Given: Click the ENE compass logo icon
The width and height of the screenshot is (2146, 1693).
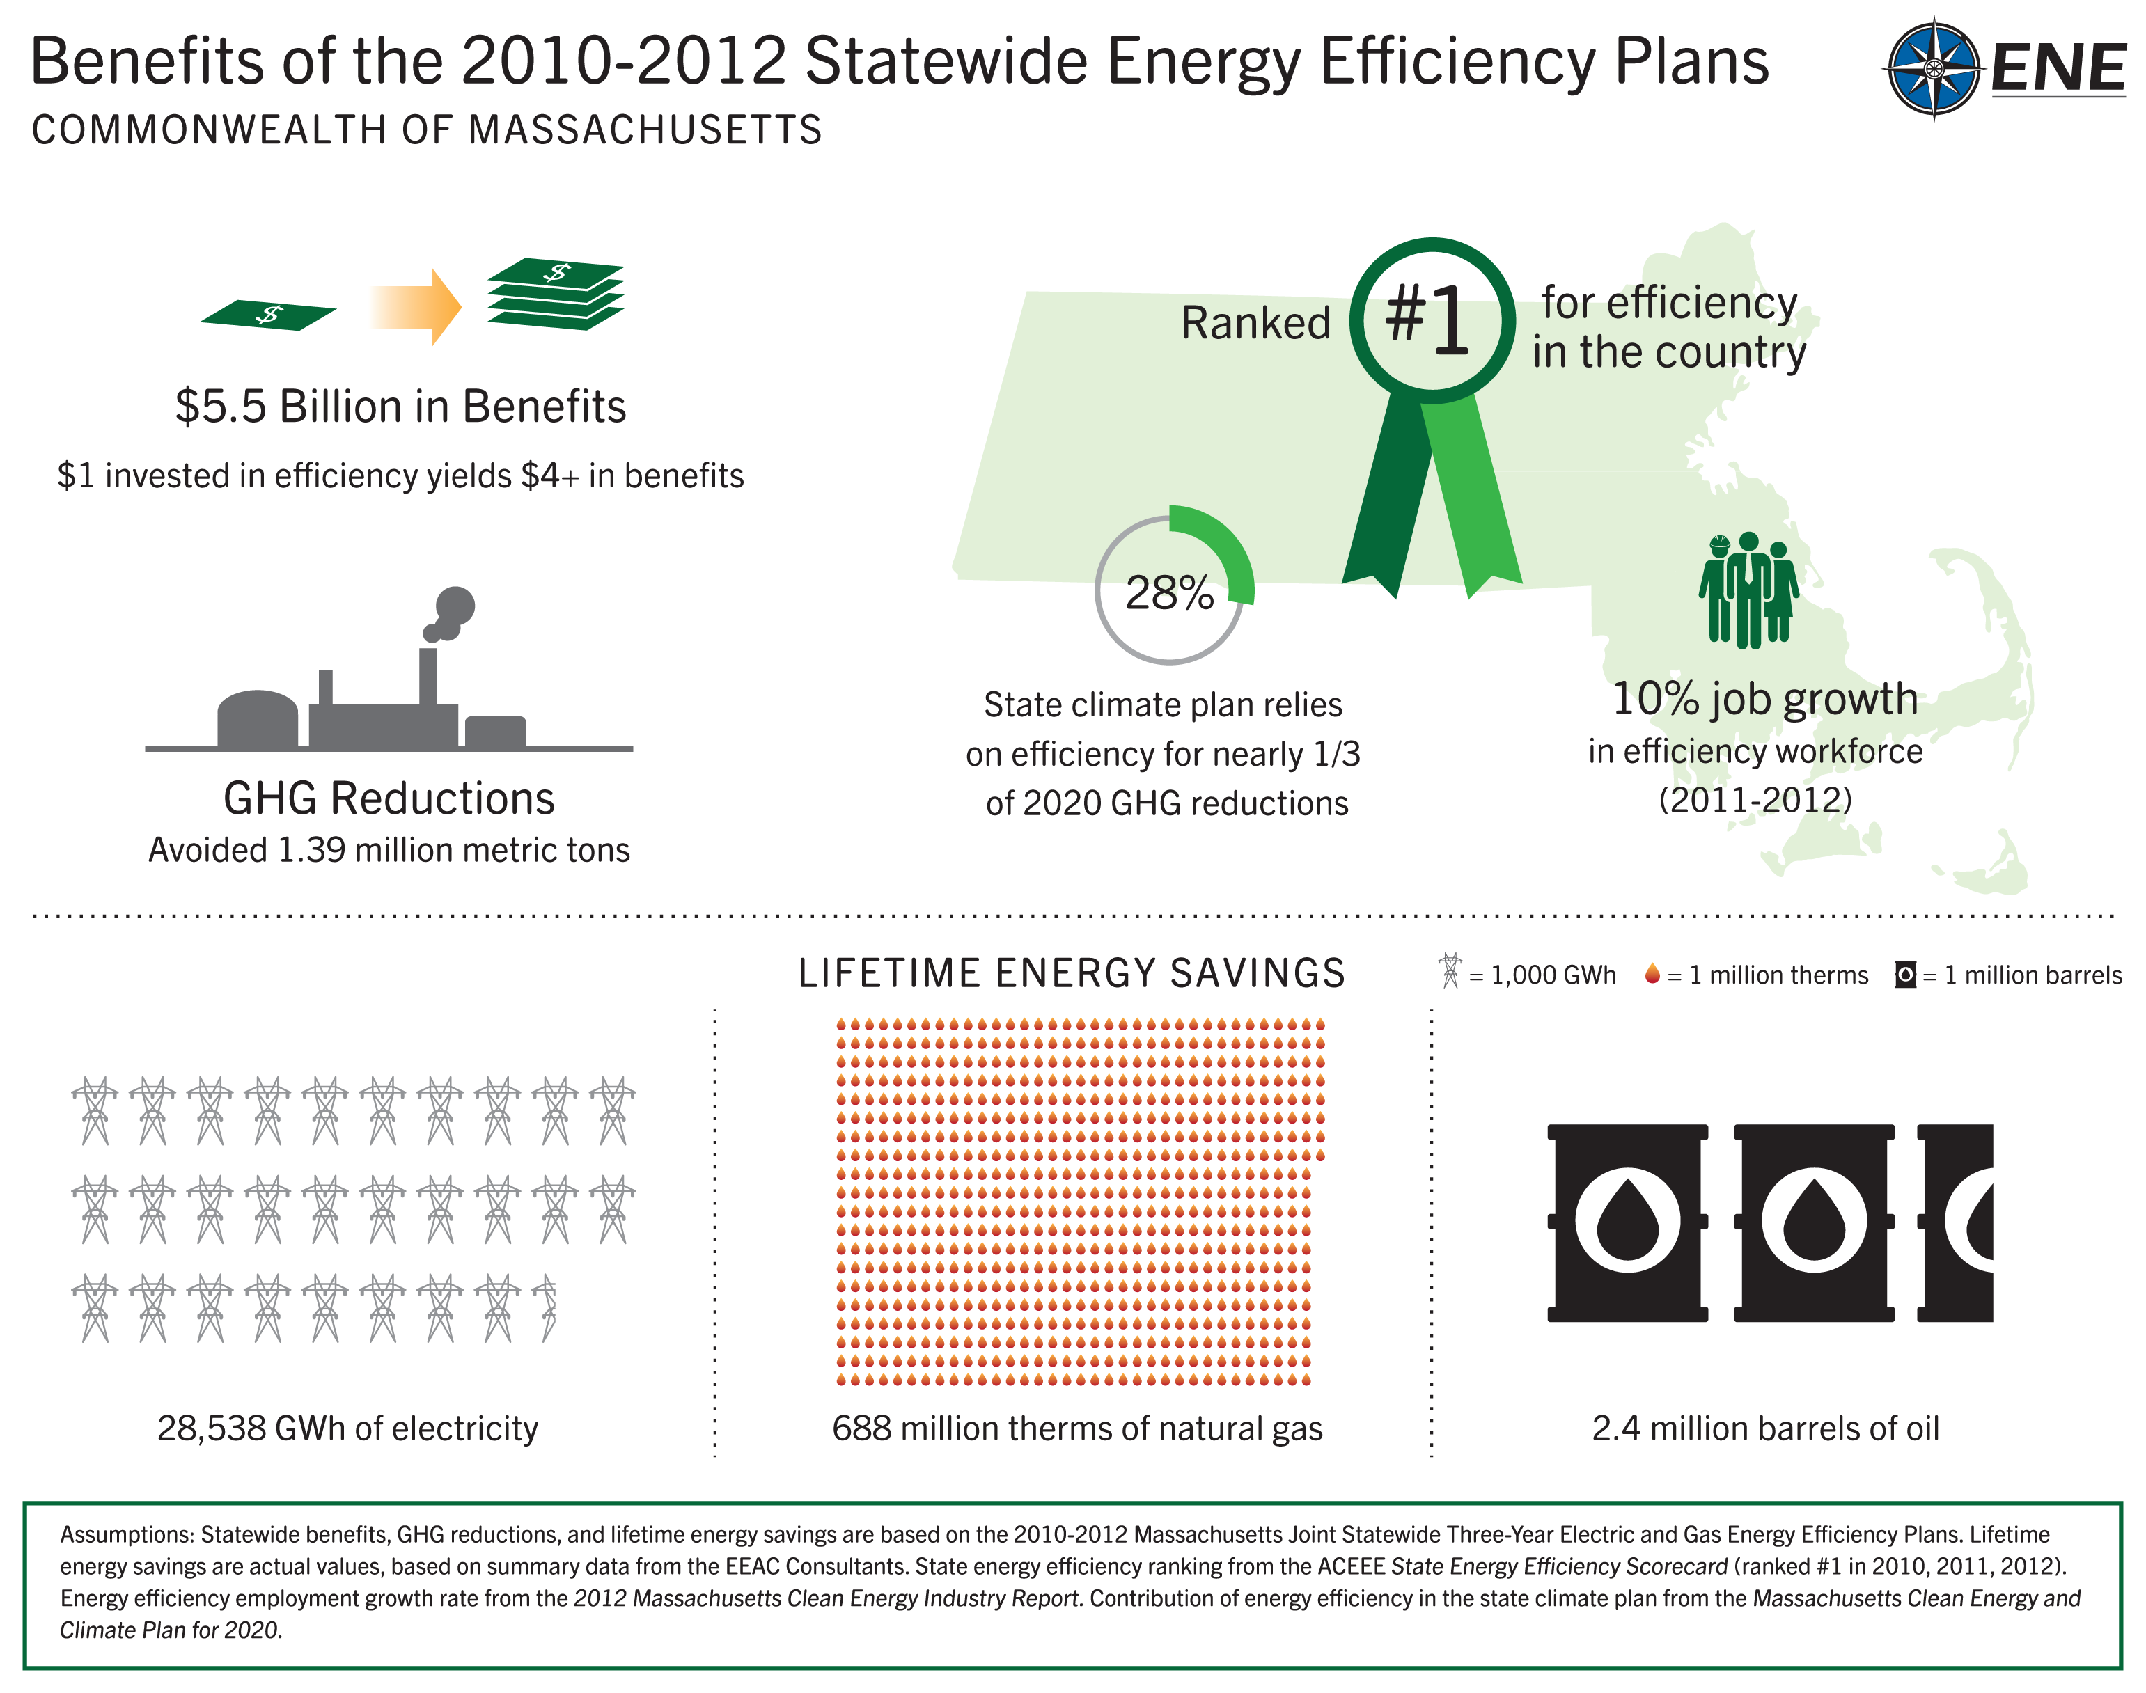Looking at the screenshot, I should point(1932,68).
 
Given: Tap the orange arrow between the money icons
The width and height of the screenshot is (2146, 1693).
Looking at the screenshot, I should point(416,306).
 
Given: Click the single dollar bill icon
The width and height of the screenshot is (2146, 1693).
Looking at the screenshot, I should point(267,315).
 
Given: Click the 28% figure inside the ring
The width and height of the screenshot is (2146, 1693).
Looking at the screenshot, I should point(1170,592).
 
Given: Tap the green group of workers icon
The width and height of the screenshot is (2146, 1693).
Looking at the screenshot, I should point(1748,591).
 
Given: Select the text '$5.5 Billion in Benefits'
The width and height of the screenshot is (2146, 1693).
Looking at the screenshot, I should point(400,407).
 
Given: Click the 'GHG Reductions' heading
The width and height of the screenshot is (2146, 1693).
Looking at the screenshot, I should point(389,798).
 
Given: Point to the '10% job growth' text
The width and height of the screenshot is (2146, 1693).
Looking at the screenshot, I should point(1764,699).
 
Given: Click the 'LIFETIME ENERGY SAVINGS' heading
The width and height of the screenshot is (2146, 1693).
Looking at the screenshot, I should point(1072,973).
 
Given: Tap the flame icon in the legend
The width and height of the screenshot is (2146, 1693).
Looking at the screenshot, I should point(1652,975).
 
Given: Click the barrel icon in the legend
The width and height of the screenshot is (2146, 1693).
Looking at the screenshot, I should point(1904,975).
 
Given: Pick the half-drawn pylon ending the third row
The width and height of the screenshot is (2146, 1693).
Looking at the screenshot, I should point(546,1309).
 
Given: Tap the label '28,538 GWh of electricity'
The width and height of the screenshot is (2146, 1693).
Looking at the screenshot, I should point(348,1428).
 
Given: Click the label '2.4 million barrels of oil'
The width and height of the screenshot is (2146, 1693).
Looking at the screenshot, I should point(1765,1428).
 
